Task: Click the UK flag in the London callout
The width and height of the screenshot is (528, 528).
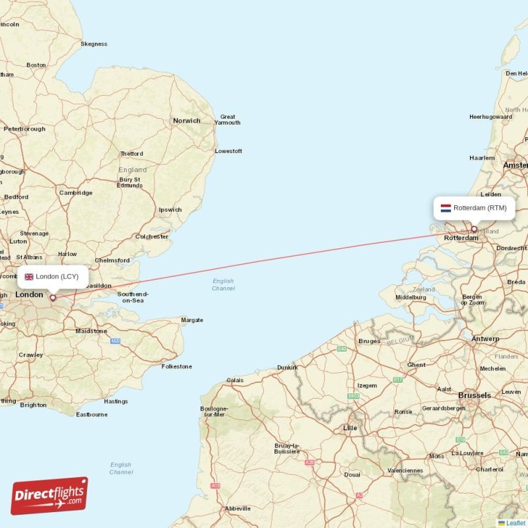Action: (29, 277)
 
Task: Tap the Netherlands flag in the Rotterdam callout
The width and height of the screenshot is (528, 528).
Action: (446, 208)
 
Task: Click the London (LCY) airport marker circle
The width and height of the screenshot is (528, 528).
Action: (53, 298)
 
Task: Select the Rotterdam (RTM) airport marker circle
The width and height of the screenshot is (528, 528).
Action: (474, 230)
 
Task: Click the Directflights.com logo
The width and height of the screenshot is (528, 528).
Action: (49, 496)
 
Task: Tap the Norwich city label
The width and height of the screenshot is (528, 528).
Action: (187, 121)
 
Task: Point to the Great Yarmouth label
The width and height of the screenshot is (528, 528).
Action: (228, 119)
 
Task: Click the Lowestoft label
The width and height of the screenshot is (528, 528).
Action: (228, 151)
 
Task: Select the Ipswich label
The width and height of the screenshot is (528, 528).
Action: (170, 210)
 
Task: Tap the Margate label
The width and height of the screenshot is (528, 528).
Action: (192, 320)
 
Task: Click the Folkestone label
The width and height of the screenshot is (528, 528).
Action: (177, 366)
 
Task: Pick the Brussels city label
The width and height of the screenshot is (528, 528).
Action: (475, 395)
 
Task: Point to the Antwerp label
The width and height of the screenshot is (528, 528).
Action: (485, 339)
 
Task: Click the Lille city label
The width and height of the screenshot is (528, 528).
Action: (350, 428)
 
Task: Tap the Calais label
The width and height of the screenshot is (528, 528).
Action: (235, 380)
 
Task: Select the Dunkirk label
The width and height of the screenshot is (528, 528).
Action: (287, 367)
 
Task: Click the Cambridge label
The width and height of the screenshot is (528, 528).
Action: (76, 193)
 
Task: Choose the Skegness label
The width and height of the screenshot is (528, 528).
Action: (94, 44)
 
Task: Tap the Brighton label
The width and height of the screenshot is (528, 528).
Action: (33, 405)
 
